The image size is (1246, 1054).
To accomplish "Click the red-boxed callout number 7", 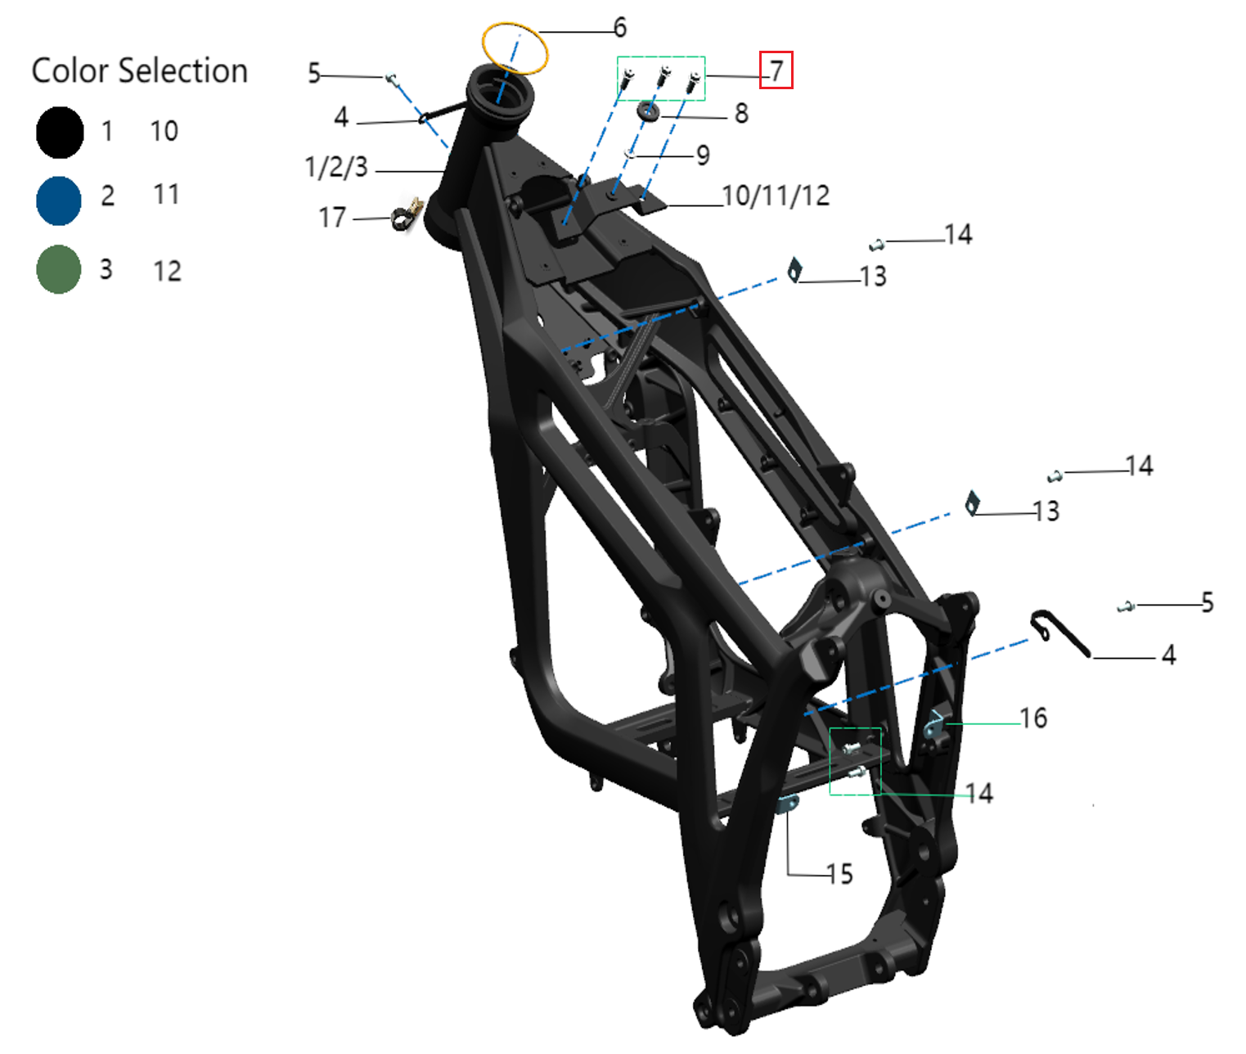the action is [x=776, y=70].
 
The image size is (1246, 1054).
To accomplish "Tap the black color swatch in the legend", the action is [x=60, y=133].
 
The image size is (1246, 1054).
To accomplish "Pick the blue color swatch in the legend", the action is [x=59, y=200].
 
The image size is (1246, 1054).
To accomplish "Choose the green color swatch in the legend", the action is [x=59, y=269].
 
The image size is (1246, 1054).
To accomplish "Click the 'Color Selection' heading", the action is [x=139, y=71].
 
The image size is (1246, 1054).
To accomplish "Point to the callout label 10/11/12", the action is [x=776, y=196].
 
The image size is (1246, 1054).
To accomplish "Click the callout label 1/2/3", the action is [x=336, y=167].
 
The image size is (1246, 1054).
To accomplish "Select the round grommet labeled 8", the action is [x=649, y=111].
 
